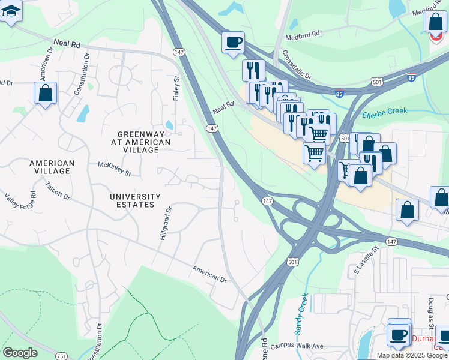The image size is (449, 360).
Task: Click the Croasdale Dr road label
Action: click(x=297, y=65)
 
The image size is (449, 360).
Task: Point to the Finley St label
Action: click(x=177, y=88)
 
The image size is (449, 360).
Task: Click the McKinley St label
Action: click(x=115, y=169)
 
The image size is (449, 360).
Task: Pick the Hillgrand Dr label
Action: click(x=166, y=224)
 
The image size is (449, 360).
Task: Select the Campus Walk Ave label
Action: click(x=297, y=346)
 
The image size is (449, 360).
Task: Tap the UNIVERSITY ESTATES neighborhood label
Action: click(x=135, y=201)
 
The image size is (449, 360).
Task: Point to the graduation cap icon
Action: click(x=11, y=10)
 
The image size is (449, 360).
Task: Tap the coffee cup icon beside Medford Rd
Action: click(x=233, y=42)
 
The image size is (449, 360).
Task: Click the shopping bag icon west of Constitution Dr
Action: click(x=45, y=93)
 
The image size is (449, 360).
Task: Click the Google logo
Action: click(x=20, y=353)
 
